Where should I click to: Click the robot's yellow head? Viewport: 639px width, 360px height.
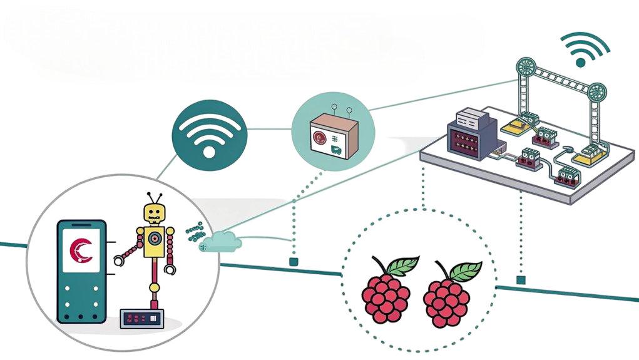pos(153,214)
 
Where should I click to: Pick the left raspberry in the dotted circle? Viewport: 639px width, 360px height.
pos(385,297)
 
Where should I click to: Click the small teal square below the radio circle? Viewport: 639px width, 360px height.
pos(293,261)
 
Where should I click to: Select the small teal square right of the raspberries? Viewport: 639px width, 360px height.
pos(520,280)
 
